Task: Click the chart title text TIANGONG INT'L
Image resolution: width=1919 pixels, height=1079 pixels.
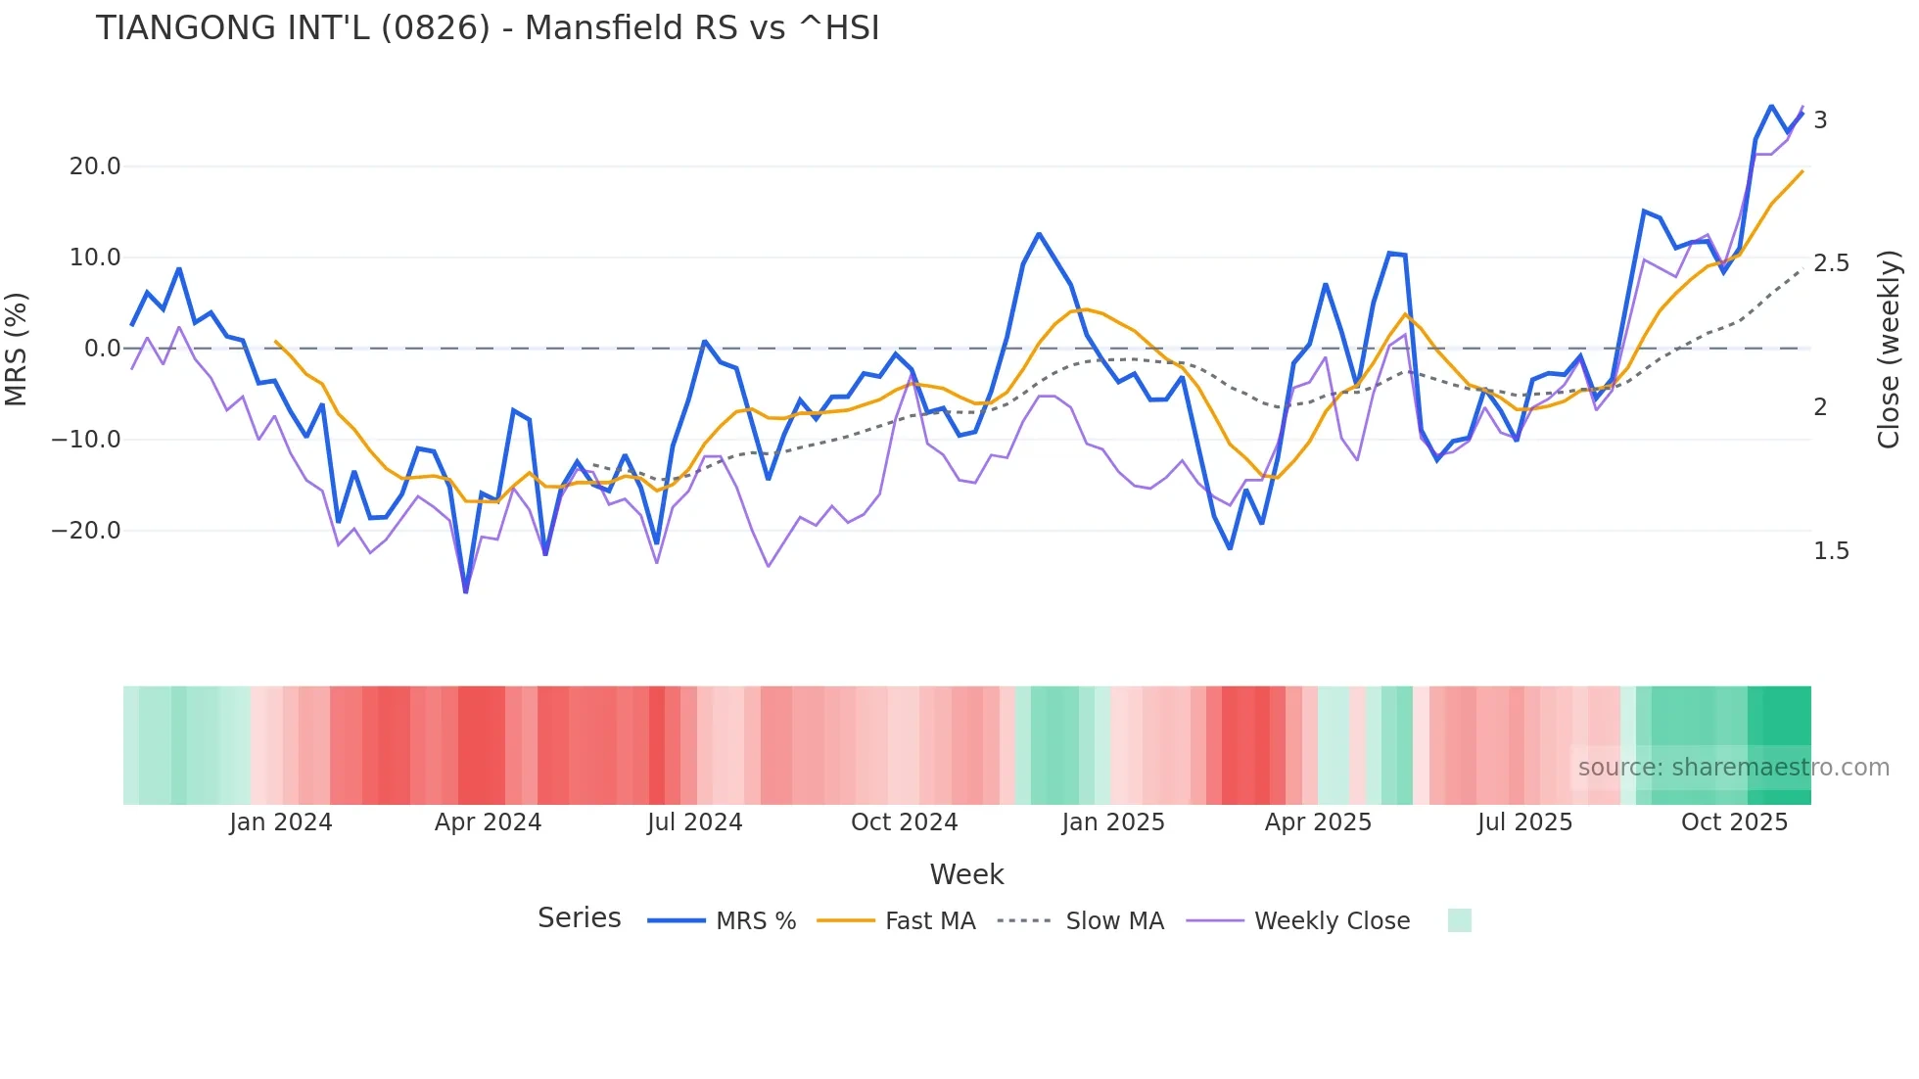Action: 487,28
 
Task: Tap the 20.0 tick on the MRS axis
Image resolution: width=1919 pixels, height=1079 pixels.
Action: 95,166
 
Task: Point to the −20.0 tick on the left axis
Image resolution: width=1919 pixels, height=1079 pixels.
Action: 86,531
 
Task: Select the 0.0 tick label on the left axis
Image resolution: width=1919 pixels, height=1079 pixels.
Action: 103,349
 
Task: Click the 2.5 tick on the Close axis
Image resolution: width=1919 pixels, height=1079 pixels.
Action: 1831,263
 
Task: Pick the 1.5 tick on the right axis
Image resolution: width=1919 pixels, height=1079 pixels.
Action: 1831,551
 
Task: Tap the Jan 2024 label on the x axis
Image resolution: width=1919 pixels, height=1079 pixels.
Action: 281,822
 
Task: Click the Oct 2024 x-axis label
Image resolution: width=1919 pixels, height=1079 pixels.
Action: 904,822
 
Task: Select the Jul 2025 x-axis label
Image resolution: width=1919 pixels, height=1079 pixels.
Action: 1524,822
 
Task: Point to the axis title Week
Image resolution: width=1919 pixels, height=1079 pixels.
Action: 966,874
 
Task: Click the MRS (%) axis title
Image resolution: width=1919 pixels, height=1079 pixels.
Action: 16,350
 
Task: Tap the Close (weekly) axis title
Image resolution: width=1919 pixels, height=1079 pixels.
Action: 1889,350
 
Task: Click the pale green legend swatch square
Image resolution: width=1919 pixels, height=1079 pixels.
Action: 1459,920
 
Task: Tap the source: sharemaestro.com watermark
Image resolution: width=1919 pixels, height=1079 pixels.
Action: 1733,768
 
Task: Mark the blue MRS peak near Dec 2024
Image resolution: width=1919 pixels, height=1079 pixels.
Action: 1039,234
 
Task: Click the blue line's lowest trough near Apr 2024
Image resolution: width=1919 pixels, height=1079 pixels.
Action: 466,591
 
